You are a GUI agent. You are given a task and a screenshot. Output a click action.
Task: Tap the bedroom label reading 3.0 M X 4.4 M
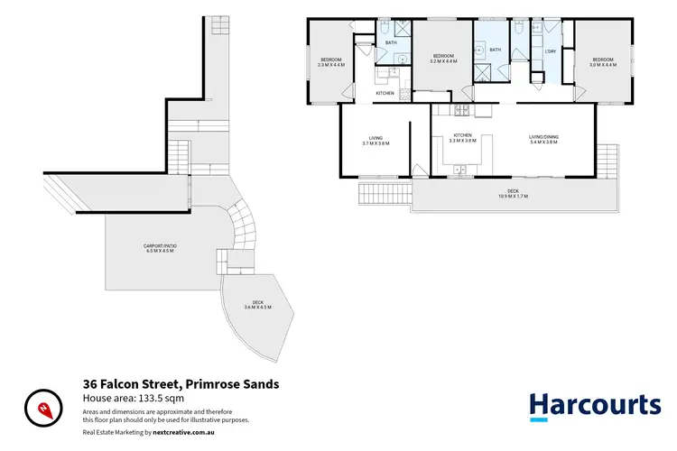pos(602,62)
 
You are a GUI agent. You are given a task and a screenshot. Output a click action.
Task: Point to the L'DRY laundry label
pos(549,51)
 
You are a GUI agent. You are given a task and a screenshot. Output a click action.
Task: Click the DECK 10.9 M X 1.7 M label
pos(511,193)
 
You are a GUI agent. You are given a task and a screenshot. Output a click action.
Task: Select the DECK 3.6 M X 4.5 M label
pos(257,305)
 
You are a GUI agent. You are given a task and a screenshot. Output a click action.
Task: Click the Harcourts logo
pos(594,406)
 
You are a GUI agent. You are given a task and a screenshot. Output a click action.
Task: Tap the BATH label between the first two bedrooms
pos(391,42)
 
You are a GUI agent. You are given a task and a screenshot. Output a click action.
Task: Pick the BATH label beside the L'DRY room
pos(495,50)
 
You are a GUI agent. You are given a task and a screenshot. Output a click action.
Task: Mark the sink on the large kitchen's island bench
pos(461,168)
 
